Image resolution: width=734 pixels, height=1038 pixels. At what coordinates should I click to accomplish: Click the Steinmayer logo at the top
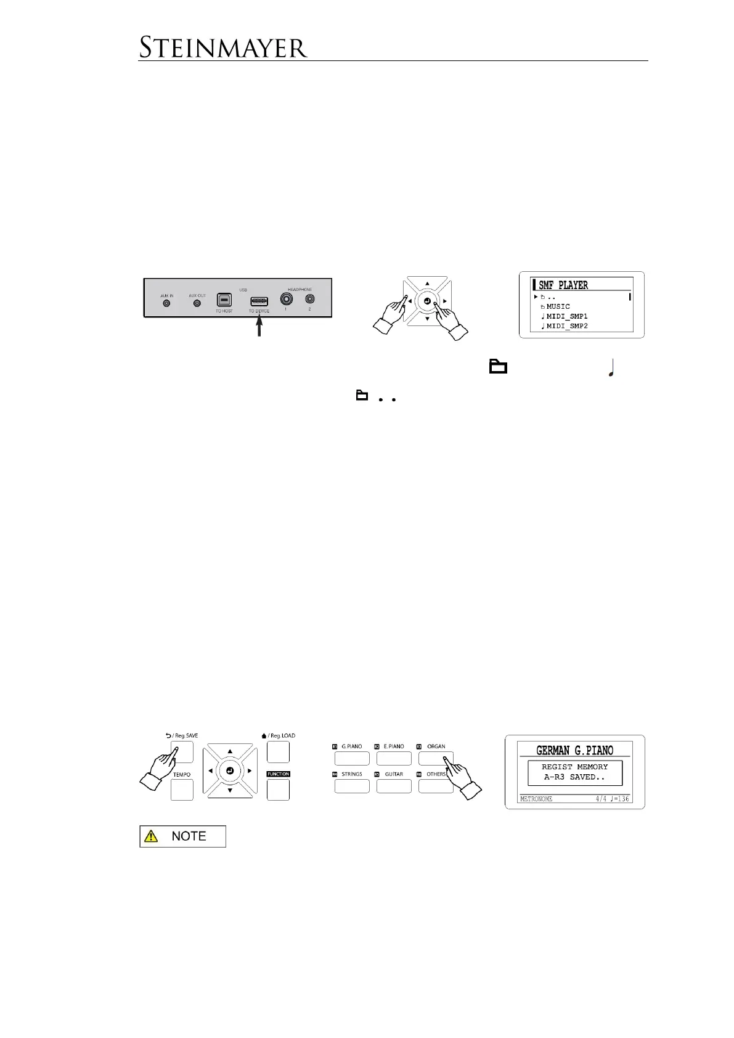pyautogui.click(x=222, y=47)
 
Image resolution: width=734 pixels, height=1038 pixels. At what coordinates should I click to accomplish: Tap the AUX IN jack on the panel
pyautogui.click(x=166, y=304)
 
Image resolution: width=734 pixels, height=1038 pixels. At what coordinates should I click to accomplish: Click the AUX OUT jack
pyautogui.click(x=197, y=304)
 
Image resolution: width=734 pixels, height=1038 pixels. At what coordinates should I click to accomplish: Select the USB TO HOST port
pyautogui.click(x=224, y=300)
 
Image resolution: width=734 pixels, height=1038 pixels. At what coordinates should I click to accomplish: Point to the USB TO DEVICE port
pyautogui.click(x=259, y=301)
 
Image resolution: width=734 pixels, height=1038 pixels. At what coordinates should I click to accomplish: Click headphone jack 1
pyautogui.click(x=286, y=299)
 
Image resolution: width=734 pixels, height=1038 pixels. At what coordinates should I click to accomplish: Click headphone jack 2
pyautogui.click(x=309, y=299)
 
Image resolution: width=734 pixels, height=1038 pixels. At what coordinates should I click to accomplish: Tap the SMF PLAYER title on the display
pyautogui.click(x=563, y=285)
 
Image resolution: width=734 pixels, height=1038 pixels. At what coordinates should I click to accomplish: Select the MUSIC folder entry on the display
pyautogui.click(x=558, y=306)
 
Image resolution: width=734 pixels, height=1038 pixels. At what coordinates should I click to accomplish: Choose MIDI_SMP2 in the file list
pyautogui.click(x=567, y=326)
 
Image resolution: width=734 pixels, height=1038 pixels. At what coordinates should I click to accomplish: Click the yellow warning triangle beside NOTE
pyautogui.click(x=150, y=836)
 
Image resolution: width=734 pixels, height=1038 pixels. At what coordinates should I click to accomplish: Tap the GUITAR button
pyautogui.click(x=394, y=786)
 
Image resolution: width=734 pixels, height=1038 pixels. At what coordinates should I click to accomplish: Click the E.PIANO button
pyautogui.click(x=394, y=758)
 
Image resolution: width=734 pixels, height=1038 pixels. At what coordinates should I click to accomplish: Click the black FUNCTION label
pyautogui.click(x=278, y=774)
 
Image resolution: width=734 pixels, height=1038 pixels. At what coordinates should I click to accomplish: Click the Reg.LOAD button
pyautogui.click(x=278, y=752)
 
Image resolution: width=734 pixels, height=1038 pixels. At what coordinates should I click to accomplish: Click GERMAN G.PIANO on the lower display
pyautogui.click(x=574, y=751)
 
